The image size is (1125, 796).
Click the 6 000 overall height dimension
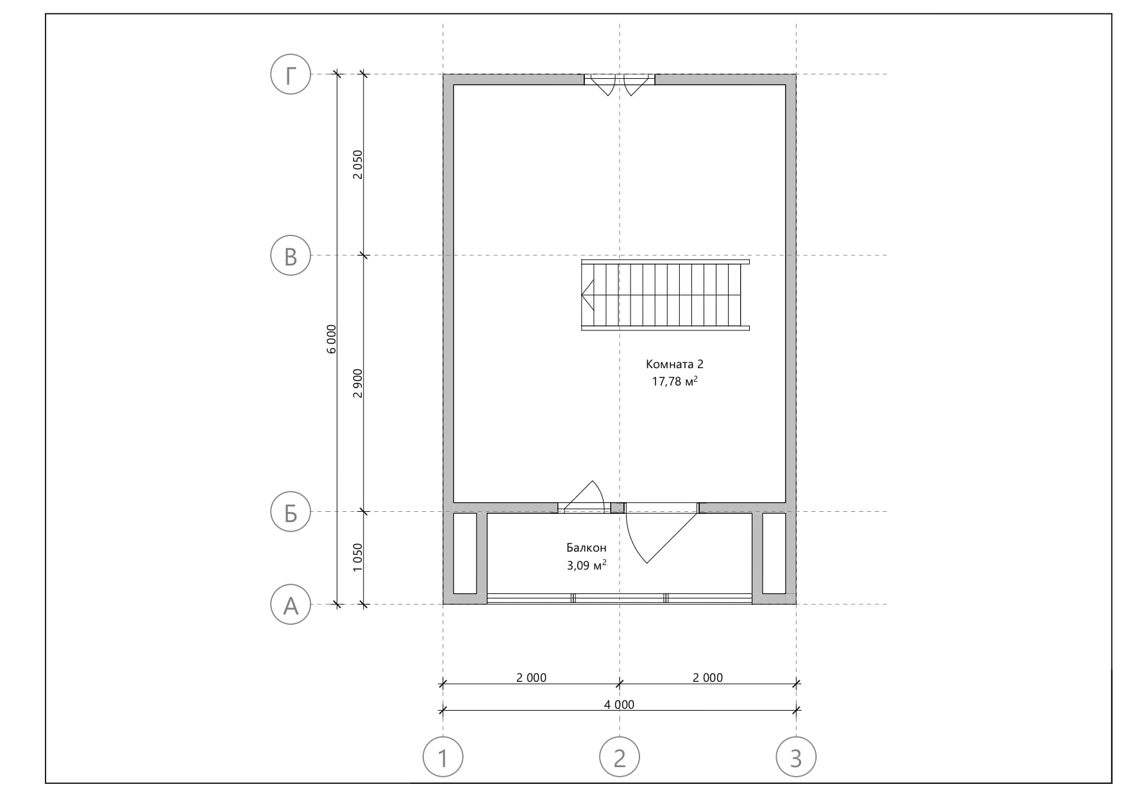[x=331, y=339]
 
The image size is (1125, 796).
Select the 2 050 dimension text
[x=358, y=164]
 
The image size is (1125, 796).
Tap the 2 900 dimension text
[x=358, y=383]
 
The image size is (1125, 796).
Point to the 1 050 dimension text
[x=358, y=557]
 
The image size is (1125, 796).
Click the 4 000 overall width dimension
[x=619, y=704]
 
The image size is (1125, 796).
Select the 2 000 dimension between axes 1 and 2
[x=531, y=677]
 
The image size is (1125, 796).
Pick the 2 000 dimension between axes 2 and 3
[x=707, y=677]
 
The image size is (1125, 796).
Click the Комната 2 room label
[x=675, y=364]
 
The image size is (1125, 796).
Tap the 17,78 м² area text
[x=675, y=382]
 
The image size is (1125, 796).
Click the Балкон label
[x=586, y=548]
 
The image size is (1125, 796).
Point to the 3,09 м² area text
[x=586, y=565]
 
